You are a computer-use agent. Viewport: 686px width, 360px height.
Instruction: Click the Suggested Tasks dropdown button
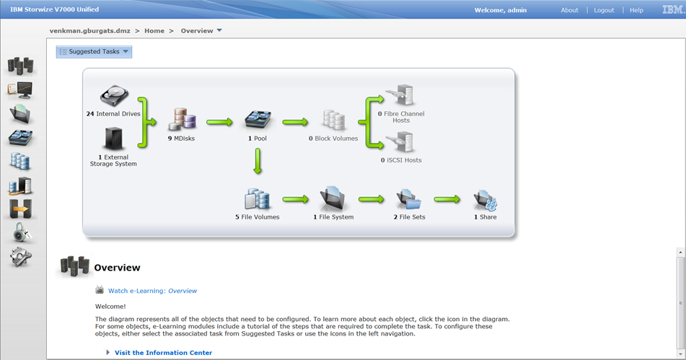point(94,52)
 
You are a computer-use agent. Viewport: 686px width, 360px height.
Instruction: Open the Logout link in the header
point(604,10)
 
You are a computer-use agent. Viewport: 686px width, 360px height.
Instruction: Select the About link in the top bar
point(569,10)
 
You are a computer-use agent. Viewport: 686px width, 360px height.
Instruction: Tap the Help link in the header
point(636,10)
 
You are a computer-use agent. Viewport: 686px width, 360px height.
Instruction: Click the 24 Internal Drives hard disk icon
point(114,96)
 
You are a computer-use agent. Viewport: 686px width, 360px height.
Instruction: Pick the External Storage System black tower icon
point(114,139)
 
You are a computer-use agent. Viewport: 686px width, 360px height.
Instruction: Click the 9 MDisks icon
point(182,120)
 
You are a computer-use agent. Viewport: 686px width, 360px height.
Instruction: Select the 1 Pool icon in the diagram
point(258,120)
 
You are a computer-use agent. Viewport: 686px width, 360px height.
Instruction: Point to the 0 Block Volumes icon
point(334,120)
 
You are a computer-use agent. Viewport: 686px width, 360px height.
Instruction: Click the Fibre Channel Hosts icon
point(400,95)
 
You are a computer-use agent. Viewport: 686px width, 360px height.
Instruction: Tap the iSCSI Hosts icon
point(400,142)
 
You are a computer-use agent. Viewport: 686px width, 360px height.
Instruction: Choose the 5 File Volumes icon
point(258,199)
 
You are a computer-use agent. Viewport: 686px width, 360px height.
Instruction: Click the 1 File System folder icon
point(333,199)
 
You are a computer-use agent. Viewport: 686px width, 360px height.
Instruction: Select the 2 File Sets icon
point(408,199)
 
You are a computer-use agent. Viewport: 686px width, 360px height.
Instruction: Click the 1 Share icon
point(485,200)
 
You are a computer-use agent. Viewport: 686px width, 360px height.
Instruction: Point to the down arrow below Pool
point(258,161)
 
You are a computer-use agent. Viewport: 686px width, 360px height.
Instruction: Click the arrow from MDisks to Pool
point(219,122)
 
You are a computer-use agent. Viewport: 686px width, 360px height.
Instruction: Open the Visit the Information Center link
point(163,353)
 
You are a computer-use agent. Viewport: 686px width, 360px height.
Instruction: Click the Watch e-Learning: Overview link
point(152,291)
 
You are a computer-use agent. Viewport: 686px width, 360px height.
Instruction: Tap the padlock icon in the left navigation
point(20,232)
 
